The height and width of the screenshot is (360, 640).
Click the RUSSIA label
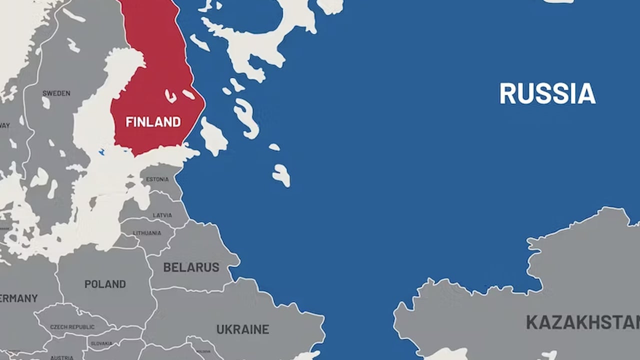pos(547,93)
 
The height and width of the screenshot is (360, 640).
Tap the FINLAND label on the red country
pos(153,122)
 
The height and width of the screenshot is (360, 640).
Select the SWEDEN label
pos(56,93)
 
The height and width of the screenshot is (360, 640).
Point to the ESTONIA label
pos(157,179)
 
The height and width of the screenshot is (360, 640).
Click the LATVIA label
pos(162,215)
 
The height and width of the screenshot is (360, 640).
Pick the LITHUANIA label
pos(147,233)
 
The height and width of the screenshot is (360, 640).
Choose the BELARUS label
pos(191,267)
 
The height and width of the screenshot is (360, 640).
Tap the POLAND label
pos(105,284)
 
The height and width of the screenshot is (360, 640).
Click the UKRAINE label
pos(242,329)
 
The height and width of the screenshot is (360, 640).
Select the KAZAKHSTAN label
pos(583,322)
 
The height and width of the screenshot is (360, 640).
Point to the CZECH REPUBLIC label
pos(72,327)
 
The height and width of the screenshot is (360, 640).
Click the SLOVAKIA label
pos(101,344)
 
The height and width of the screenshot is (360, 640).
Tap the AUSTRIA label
pos(61,357)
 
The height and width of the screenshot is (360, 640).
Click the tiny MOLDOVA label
pos(204,351)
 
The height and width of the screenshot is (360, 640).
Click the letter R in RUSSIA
pos(507,93)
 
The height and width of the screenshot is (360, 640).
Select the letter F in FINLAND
pos(128,122)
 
